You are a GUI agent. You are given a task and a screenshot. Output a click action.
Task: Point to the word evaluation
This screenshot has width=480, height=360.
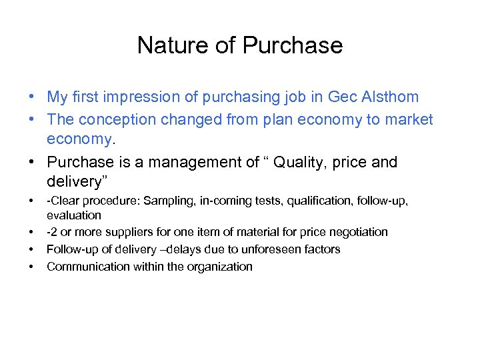(x=74, y=215)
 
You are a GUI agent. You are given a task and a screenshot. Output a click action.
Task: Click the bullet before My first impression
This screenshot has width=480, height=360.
(x=31, y=97)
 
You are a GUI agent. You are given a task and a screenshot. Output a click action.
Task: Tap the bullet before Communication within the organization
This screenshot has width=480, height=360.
(x=31, y=267)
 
